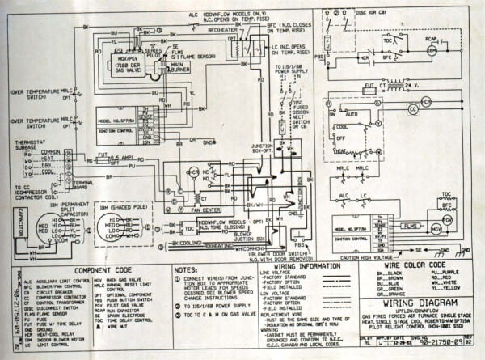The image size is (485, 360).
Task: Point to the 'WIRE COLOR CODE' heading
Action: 415,265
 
